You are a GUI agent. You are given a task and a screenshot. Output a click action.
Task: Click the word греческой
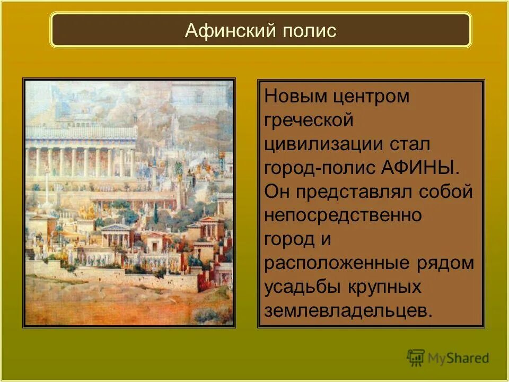(x=309, y=120)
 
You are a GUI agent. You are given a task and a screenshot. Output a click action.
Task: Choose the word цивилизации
(x=325, y=144)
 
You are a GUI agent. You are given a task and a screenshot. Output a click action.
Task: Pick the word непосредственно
(x=343, y=216)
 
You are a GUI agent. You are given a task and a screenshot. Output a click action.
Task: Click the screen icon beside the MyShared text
(x=416, y=358)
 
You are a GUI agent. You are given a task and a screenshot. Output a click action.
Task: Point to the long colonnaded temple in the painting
(x=80, y=154)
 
